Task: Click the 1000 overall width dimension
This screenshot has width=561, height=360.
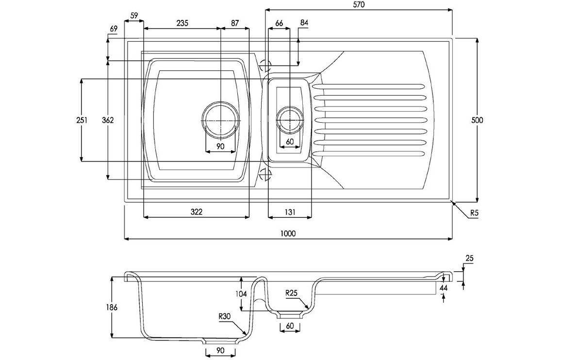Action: click(x=288, y=233)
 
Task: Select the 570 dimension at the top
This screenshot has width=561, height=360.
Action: click(x=359, y=5)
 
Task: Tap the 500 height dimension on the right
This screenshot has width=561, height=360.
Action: click(x=478, y=120)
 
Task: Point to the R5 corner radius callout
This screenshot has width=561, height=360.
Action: click(x=474, y=212)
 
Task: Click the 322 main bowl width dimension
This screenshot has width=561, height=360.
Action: click(x=196, y=212)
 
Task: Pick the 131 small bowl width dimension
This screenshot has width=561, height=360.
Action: click(x=290, y=212)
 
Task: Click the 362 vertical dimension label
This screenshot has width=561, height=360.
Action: click(x=108, y=120)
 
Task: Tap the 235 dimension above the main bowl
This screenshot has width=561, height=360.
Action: click(x=182, y=23)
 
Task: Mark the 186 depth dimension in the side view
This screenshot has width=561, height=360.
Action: click(x=112, y=307)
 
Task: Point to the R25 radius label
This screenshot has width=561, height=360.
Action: click(x=291, y=293)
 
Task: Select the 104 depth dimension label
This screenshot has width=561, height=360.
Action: click(x=241, y=294)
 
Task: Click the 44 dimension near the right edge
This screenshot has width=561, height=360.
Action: click(x=443, y=288)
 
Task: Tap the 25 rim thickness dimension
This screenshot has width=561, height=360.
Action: click(x=469, y=259)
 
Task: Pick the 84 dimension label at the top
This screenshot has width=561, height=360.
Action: click(x=304, y=23)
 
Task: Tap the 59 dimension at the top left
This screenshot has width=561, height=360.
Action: click(x=134, y=16)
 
